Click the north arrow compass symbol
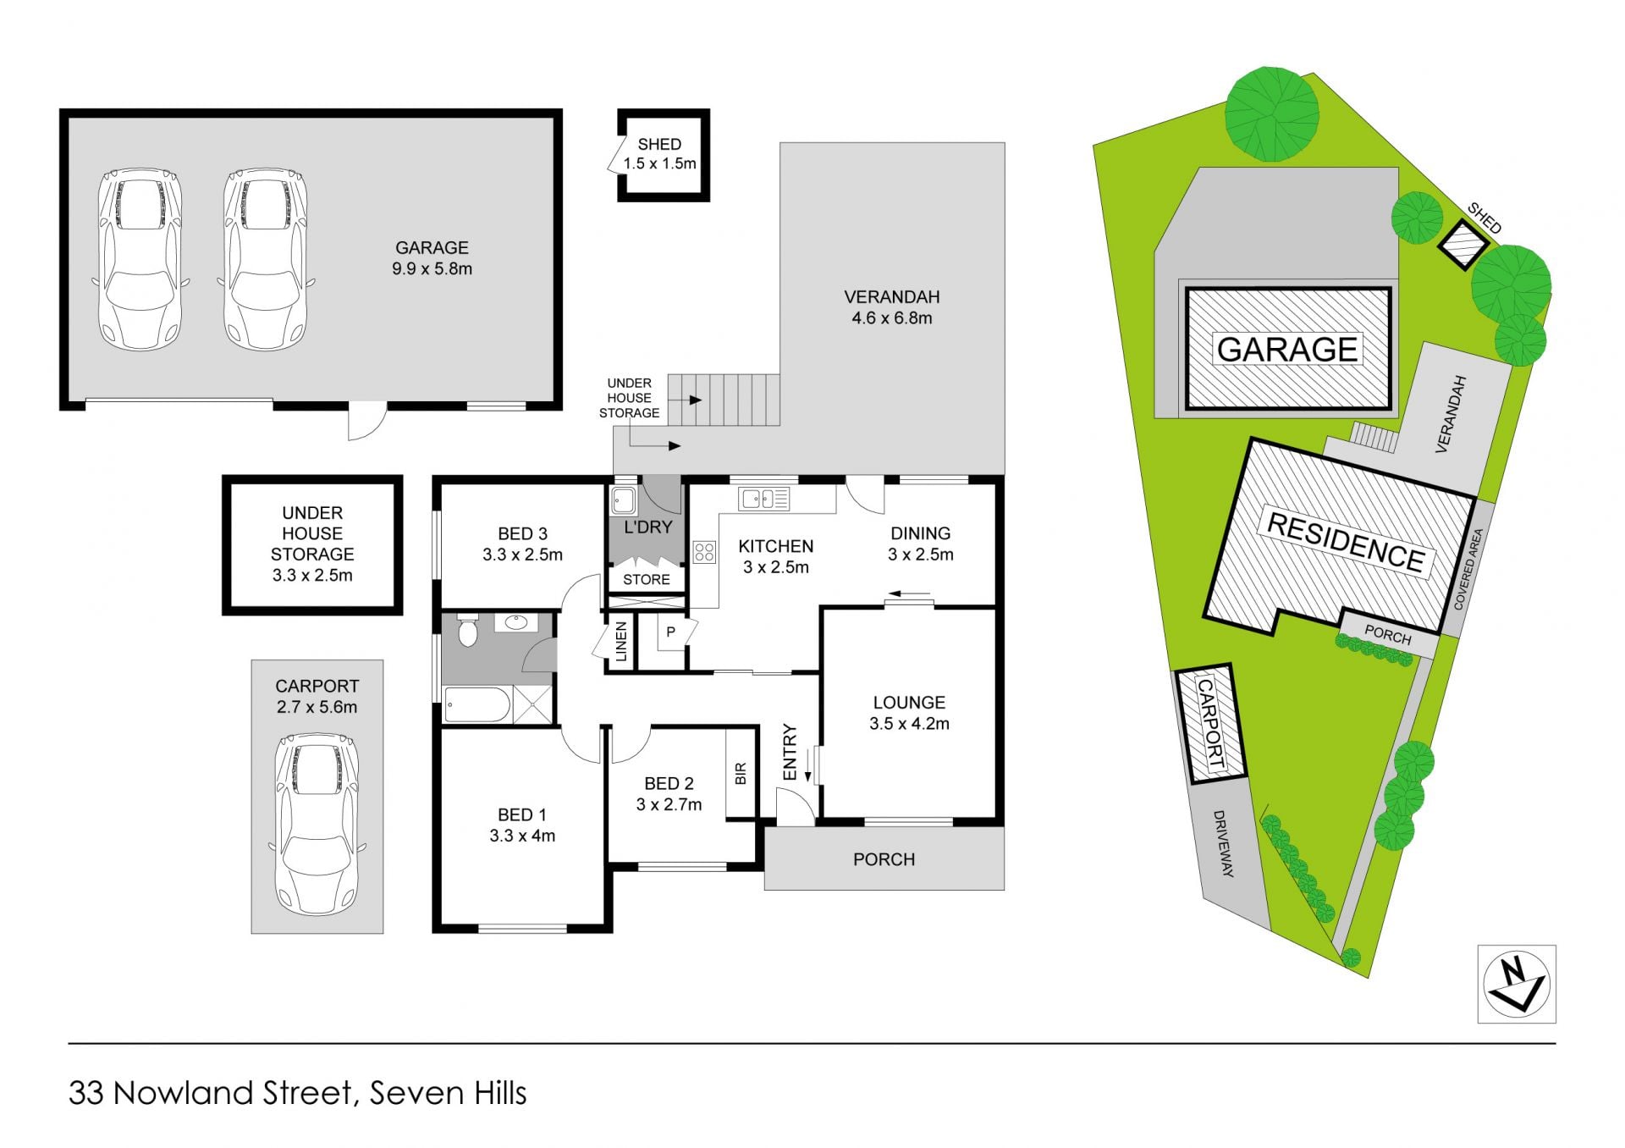pos(1517,984)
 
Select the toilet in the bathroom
pos(467,631)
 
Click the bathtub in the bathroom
pos(477,705)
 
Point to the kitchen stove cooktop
pos(704,552)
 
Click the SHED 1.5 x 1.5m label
pos(659,154)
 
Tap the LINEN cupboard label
pos(622,642)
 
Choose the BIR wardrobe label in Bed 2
pos(741,773)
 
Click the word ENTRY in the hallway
pos(790,752)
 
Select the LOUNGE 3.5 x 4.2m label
pos(909,713)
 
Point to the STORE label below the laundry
pos(647,580)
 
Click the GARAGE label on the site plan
pos(1287,349)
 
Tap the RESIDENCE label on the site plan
pos(1345,542)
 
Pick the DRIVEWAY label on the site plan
pos(1224,843)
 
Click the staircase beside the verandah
pos(724,400)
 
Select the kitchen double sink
pos(763,499)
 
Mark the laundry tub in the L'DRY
pos(624,501)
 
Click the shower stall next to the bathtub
pos(533,705)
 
